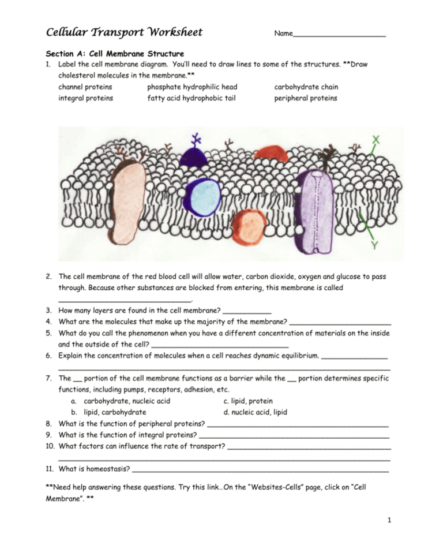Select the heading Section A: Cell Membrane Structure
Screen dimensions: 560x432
(x=114, y=54)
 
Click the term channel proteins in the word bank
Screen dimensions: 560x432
(x=85, y=87)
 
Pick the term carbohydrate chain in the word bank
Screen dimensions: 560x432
(x=306, y=87)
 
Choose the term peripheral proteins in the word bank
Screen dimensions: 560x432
(x=306, y=98)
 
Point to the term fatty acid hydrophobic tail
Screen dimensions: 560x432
(x=191, y=98)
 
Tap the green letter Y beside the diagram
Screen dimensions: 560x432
(x=374, y=245)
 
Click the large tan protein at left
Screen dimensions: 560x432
(x=130, y=202)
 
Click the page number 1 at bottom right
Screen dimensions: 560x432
(x=390, y=524)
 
